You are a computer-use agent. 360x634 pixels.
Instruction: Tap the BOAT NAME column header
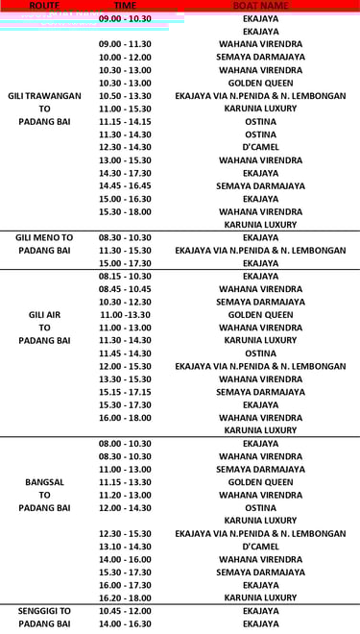[x=260, y=6]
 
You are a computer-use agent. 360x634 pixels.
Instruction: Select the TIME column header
[x=125, y=6]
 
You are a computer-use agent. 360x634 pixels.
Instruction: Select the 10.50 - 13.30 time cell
[x=125, y=96]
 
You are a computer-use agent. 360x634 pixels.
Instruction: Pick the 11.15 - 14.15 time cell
[x=125, y=122]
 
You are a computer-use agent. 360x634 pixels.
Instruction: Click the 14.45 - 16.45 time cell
[x=125, y=185]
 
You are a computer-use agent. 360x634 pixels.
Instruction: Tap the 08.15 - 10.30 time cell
[x=125, y=276]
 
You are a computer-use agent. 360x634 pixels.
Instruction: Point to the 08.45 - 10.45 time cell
[x=125, y=288]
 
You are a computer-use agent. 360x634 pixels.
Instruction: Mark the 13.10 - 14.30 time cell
[x=125, y=546]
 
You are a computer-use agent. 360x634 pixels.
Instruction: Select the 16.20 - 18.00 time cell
[x=125, y=597]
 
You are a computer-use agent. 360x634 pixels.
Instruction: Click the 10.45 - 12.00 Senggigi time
[x=125, y=611]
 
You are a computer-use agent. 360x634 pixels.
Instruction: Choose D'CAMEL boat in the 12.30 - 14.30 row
[x=260, y=147]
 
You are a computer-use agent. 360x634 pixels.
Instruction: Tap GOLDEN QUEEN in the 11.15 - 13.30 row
[x=260, y=481]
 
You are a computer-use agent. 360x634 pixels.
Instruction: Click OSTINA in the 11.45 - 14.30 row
[x=260, y=353]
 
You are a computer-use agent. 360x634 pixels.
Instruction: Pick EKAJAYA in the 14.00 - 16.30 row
[x=260, y=623]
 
